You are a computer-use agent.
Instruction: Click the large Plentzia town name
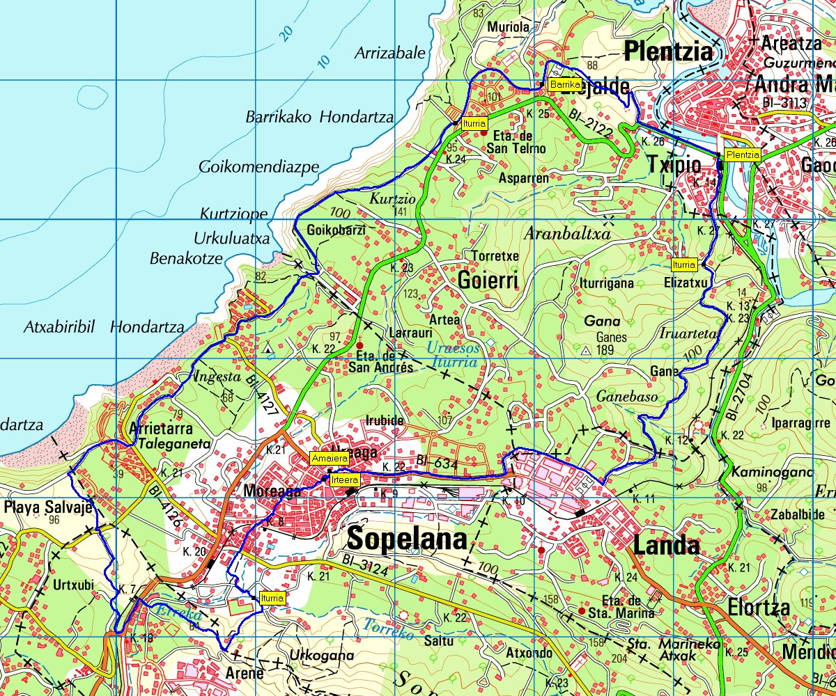coord(669,52)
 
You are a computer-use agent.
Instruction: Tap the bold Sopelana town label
coord(407,539)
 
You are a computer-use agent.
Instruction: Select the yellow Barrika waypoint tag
coord(564,85)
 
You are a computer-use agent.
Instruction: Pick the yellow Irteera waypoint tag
coord(345,480)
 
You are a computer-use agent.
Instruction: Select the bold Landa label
coord(666,544)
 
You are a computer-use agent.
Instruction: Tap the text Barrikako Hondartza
coord(319,117)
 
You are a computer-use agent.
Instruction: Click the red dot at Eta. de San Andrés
coord(359,345)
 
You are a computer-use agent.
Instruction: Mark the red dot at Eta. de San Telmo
coord(484,132)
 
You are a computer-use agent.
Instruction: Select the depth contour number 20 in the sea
coord(286,33)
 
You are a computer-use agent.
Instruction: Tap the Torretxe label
coord(495,255)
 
